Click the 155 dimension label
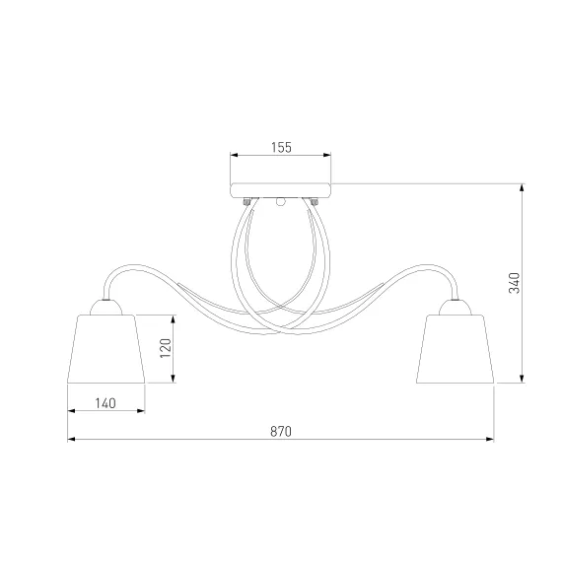coord(281,147)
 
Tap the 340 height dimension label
coord(515,283)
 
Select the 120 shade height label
coord(166,348)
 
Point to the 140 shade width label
coord(105,403)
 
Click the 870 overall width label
coord(281,432)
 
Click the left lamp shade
coord(106,349)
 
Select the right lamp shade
coord(456,349)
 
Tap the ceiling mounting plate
coord(280,190)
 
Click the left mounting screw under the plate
coord(246,202)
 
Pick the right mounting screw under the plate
coord(315,202)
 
